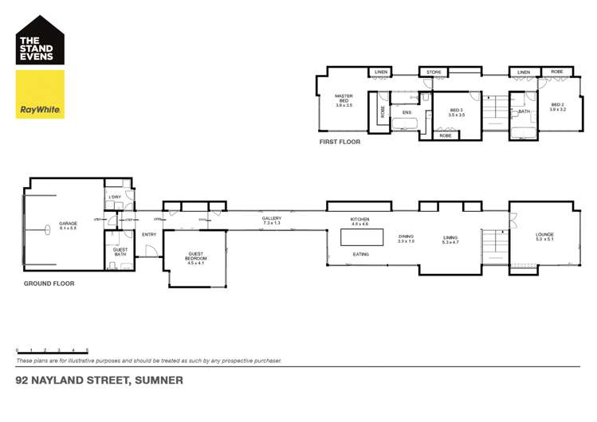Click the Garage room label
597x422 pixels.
(x=67, y=225)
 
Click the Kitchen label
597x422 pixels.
(x=359, y=221)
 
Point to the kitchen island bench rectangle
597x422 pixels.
(x=361, y=237)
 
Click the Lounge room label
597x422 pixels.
(x=544, y=236)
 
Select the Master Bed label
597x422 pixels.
(x=344, y=100)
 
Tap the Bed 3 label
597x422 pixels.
(x=456, y=112)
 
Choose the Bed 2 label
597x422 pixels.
(x=556, y=107)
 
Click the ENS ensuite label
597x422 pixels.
(x=407, y=112)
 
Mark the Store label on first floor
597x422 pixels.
(x=434, y=72)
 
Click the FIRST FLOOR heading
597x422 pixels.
(x=339, y=142)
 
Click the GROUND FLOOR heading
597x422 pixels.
(x=49, y=283)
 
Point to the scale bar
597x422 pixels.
(x=52, y=350)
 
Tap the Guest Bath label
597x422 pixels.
(x=120, y=252)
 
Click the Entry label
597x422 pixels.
(x=149, y=235)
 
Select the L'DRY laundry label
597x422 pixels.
(x=113, y=197)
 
